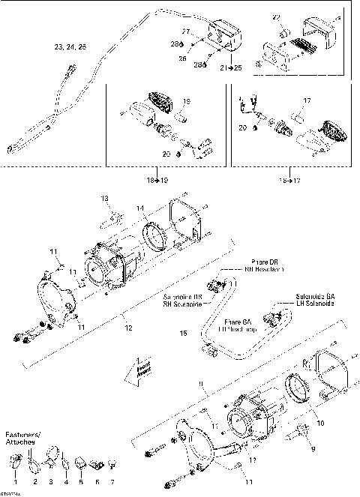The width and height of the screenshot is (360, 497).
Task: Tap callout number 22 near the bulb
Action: [276, 17]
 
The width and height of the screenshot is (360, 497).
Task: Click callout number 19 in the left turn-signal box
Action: [187, 100]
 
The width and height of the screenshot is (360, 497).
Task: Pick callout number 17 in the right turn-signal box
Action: [306, 99]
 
